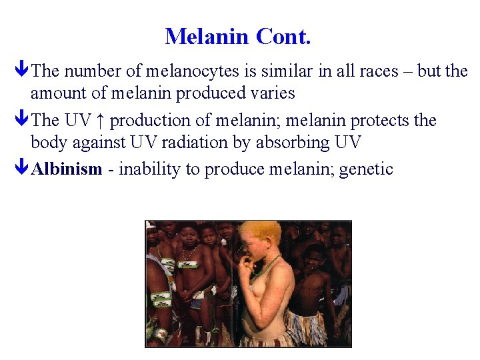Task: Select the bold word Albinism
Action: tap(67, 169)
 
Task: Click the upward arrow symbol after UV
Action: tap(100, 121)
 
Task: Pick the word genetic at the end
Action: tap(366, 169)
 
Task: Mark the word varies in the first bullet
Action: tap(273, 93)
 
